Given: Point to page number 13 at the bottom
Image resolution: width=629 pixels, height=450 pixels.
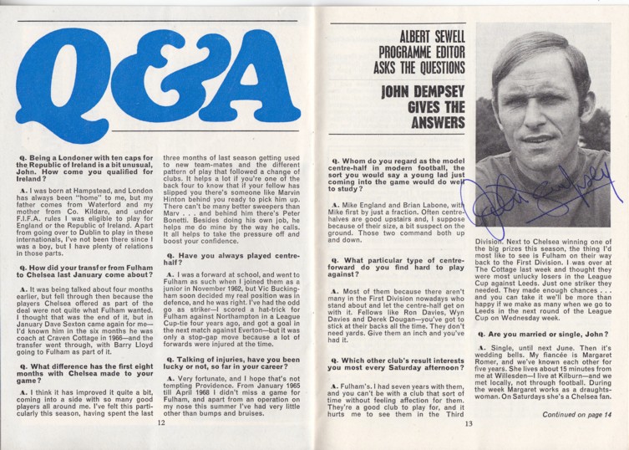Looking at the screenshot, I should tap(469, 423).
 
